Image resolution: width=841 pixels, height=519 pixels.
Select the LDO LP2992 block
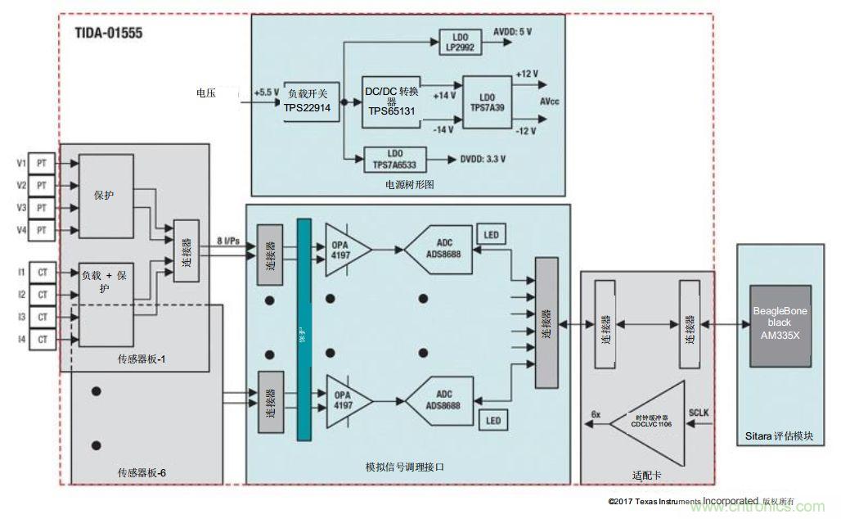(461, 42)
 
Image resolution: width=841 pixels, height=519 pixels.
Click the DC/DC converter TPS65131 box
(392, 102)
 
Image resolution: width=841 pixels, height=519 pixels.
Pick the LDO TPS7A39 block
(488, 102)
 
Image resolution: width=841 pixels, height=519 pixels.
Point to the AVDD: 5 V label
(513, 32)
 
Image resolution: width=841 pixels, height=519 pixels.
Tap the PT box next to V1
(41, 163)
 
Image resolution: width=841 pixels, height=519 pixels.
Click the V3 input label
(20, 208)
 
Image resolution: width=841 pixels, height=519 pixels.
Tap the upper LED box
(490, 235)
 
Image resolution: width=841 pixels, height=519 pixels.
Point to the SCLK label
(699, 413)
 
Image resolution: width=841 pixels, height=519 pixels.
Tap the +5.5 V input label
(266, 93)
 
